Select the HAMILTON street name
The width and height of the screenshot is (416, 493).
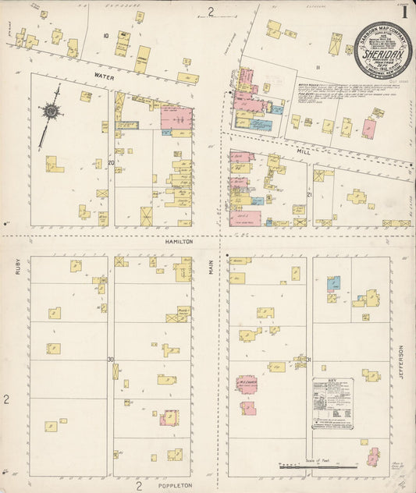coord(178,242)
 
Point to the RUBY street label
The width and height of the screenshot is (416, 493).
coord(16,268)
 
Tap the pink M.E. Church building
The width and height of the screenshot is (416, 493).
coord(247,385)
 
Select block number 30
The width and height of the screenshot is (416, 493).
coord(112,360)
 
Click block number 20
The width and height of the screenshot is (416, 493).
coord(111,162)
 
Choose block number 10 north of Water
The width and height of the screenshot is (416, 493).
coord(105,36)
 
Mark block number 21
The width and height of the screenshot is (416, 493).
coord(310,193)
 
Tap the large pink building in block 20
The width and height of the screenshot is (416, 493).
coord(176,118)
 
